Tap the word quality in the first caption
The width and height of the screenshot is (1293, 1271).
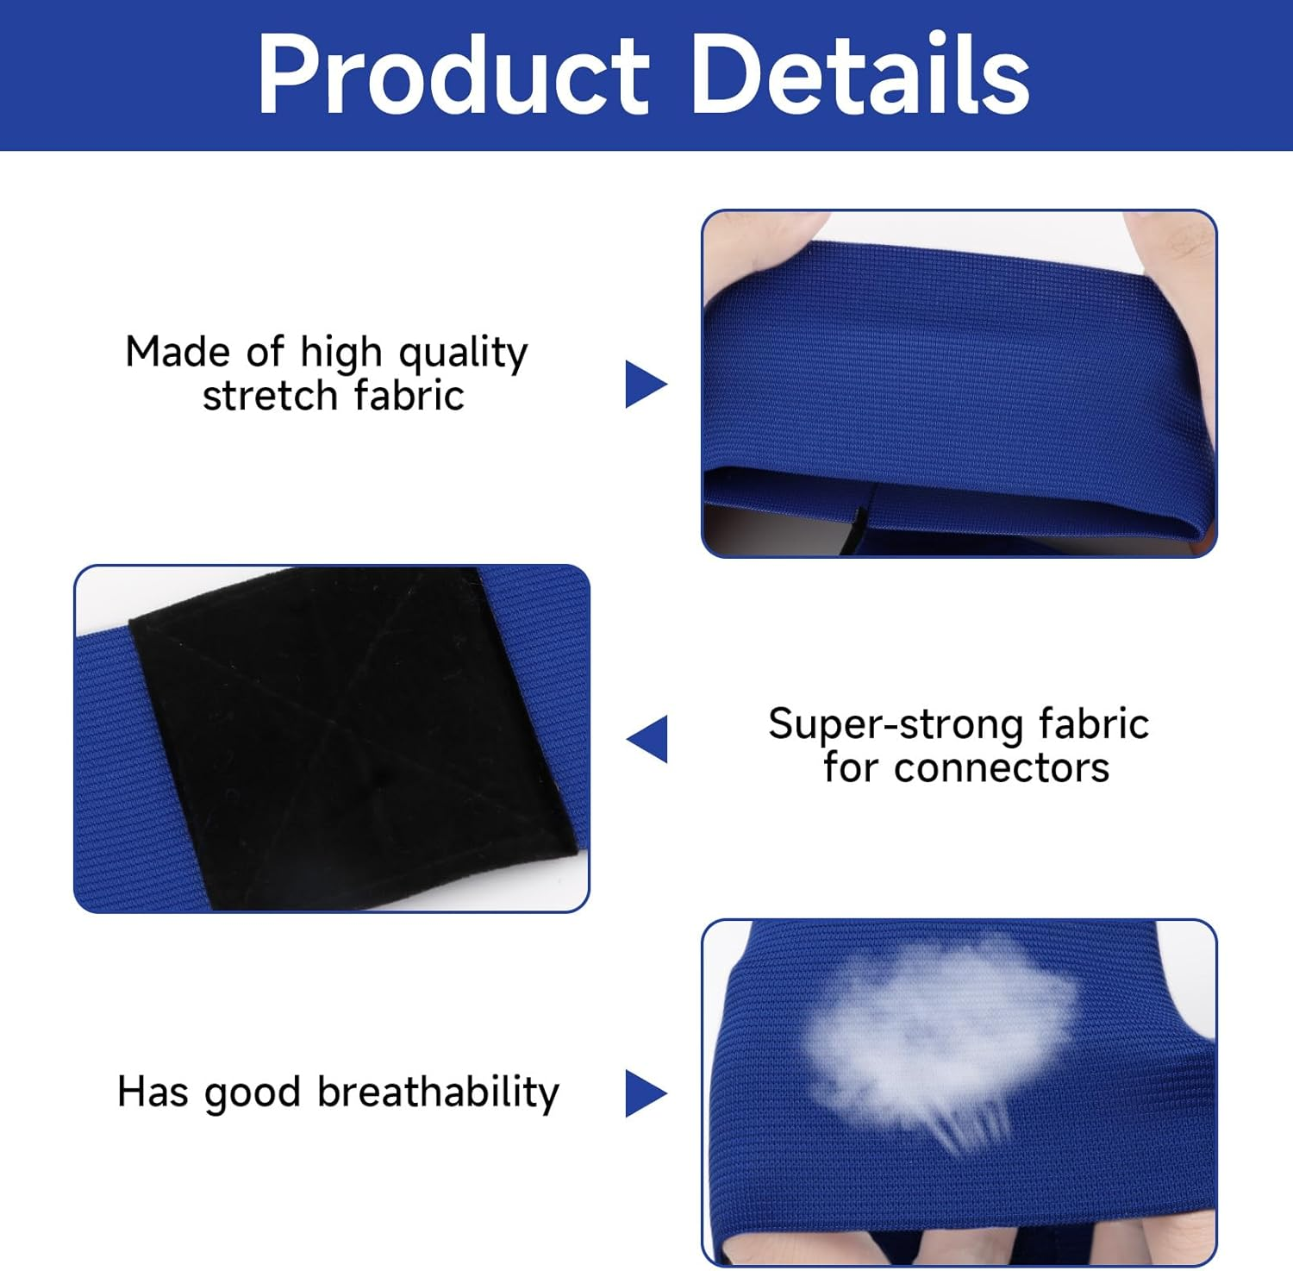click(x=463, y=354)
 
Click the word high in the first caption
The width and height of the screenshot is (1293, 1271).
click(x=340, y=354)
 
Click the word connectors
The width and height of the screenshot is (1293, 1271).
click(x=1002, y=767)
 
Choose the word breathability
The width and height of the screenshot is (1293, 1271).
click(x=439, y=1093)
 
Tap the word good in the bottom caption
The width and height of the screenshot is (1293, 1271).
click(x=251, y=1093)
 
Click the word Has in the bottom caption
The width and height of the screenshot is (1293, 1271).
click(x=153, y=1092)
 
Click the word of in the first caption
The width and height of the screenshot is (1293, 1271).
click(x=265, y=352)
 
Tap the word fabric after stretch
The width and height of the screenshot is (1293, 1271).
click(x=409, y=396)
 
